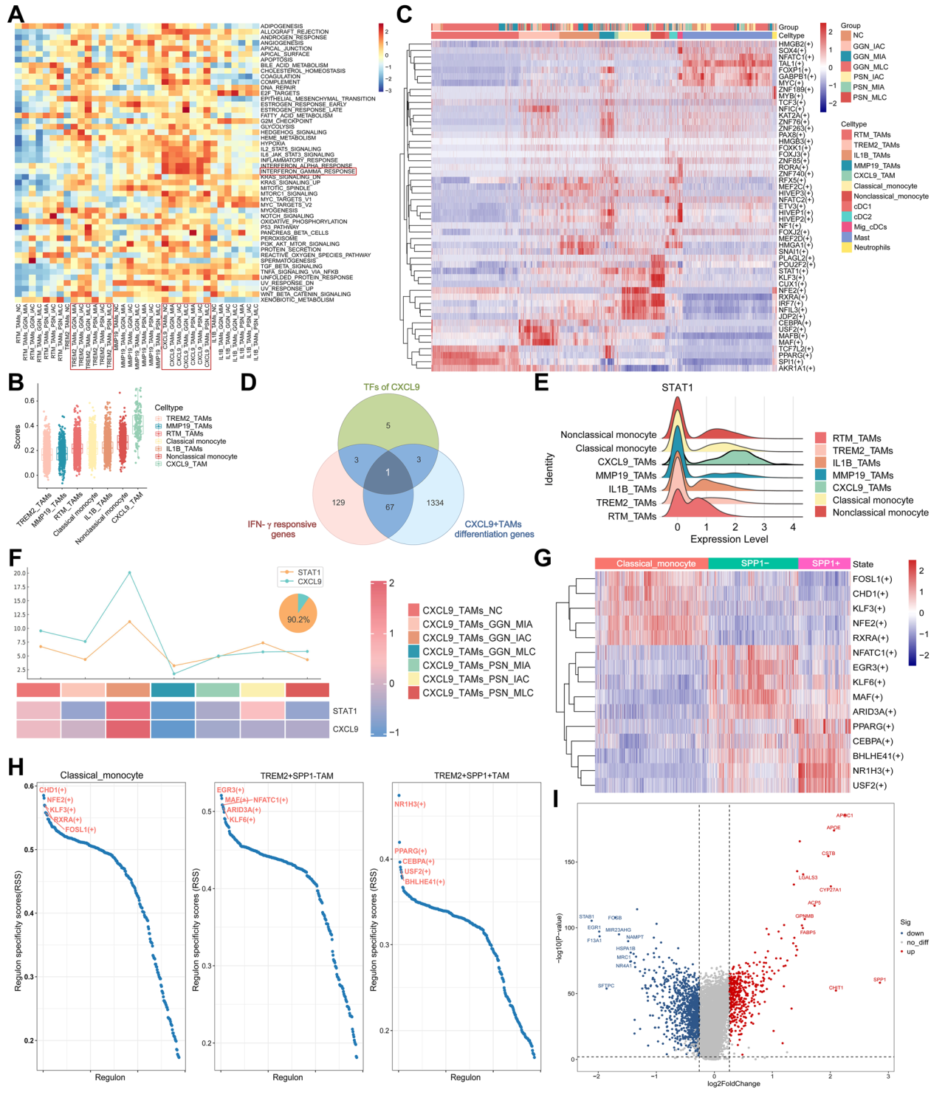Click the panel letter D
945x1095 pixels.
tap(249, 382)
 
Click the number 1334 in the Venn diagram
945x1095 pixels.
tap(435, 503)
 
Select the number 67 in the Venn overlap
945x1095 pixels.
tap(389, 507)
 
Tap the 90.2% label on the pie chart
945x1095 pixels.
tap(298, 619)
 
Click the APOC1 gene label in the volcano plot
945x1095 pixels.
tap(845, 816)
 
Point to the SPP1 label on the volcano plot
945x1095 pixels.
tap(879, 980)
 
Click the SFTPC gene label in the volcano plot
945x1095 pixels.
tap(606, 986)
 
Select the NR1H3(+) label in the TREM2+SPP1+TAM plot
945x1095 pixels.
tap(410, 804)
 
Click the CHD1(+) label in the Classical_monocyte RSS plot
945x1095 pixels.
tap(52, 790)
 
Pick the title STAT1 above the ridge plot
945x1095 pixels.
tap(677, 387)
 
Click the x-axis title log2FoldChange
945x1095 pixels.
tap(733, 1084)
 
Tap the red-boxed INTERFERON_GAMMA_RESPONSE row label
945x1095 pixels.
tap(308, 171)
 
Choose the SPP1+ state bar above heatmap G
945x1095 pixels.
tap(825, 563)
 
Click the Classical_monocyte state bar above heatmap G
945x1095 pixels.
tap(651, 563)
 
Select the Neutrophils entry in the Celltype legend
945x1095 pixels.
tap(872, 247)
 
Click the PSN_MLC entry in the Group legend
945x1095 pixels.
tap(869, 97)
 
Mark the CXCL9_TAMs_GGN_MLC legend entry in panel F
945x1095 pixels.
tap(478, 652)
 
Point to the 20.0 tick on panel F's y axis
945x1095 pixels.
tap(20, 573)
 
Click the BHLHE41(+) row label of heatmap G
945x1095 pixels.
tap(878, 756)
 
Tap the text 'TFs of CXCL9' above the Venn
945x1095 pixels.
tap(391, 387)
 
